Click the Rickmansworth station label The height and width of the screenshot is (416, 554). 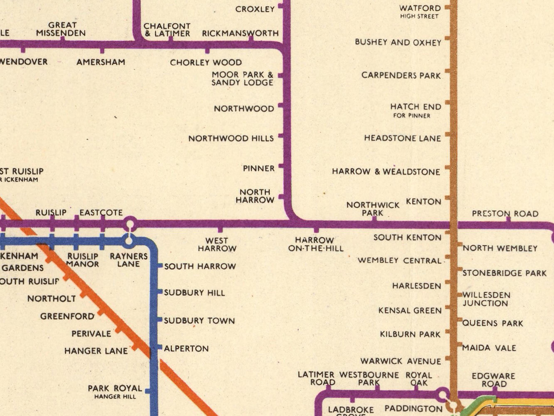click(x=240, y=33)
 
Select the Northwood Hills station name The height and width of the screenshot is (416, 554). click(x=231, y=138)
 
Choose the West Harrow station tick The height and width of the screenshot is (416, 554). click(x=220, y=230)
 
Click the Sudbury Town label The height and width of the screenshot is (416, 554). click(x=199, y=321)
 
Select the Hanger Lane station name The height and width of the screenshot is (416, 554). click(x=96, y=351)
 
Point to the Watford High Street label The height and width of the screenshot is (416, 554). click(x=420, y=12)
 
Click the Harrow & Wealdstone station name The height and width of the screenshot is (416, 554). click(x=386, y=172)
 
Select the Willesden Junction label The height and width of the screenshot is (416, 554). click(x=486, y=299)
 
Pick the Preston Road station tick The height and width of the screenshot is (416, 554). click(x=508, y=219)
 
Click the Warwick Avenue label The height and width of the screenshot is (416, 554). click(x=401, y=361)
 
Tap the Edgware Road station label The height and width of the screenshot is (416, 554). click(x=493, y=380)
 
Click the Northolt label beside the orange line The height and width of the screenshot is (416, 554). click(x=52, y=299)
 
